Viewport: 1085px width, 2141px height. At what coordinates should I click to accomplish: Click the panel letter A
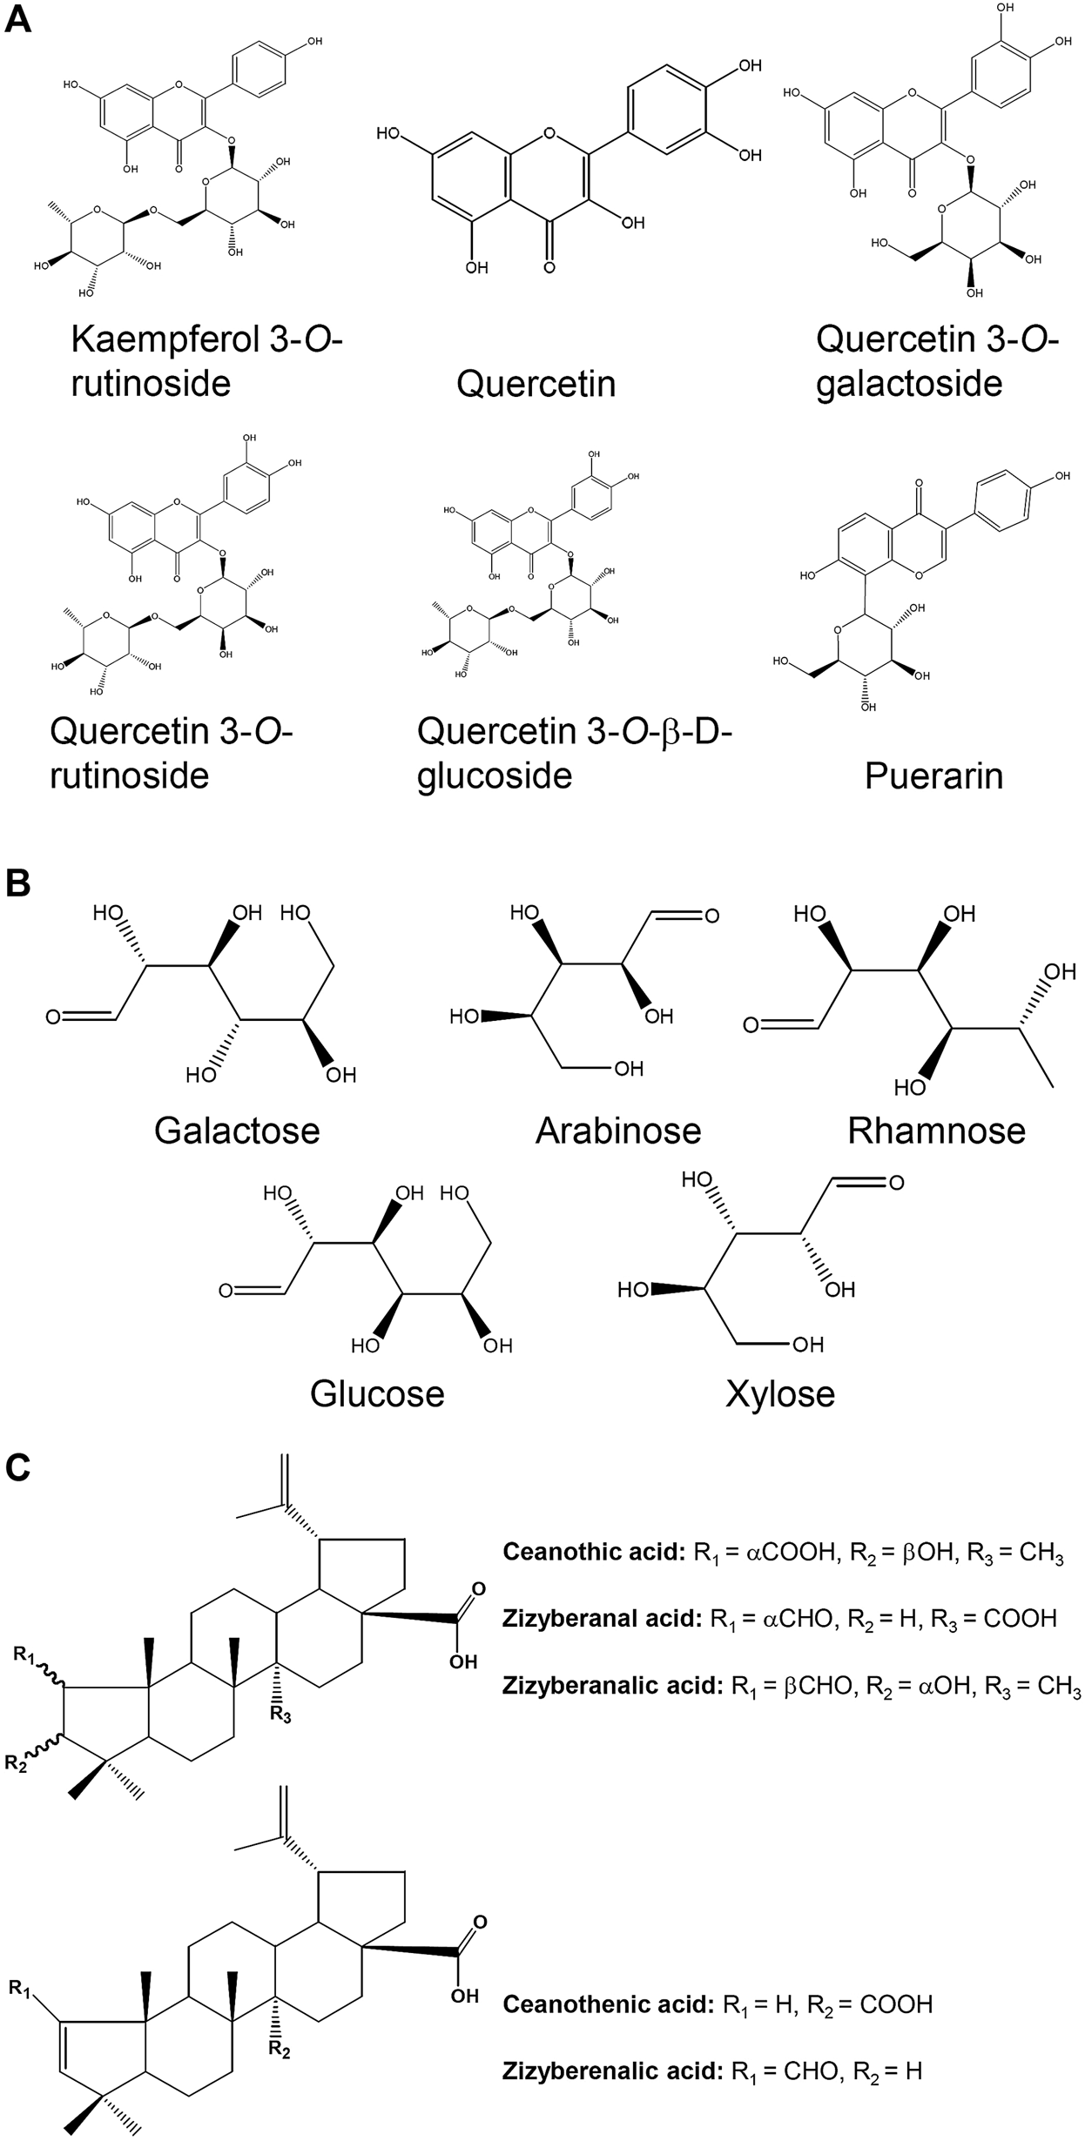[18, 18]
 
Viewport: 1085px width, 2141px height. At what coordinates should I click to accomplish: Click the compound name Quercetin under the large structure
[536, 383]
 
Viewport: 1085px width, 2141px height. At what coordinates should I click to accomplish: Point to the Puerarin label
[933, 775]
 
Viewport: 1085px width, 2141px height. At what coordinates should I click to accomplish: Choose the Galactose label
[237, 1130]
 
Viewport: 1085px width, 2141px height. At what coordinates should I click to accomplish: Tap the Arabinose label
[618, 1130]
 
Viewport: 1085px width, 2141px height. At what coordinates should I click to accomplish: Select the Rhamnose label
[936, 1130]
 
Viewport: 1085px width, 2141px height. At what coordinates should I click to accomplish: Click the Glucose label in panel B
[377, 1393]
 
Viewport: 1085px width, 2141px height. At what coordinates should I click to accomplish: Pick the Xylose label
[780, 1393]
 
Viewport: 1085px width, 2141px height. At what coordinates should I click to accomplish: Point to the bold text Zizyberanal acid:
[602, 1618]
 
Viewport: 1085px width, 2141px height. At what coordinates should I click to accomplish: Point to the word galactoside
[909, 383]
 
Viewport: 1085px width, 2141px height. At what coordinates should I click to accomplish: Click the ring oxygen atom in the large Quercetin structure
[549, 135]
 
